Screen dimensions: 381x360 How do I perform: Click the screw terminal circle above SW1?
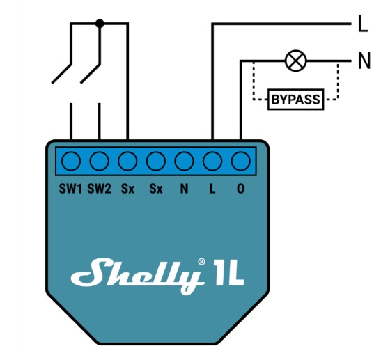click(71, 161)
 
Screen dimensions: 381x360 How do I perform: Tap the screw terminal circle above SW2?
click(99, 161)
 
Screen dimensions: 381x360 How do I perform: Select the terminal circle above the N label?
click(184, 161)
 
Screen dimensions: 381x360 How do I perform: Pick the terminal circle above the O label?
click(241, 161)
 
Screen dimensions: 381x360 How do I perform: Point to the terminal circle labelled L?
click(212, 161)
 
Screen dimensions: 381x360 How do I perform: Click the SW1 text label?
click(70, 189)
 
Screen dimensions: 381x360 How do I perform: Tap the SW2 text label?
click(99, 189)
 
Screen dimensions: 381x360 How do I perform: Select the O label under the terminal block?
click(241, 189)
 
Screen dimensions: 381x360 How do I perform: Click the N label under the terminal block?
click(184, 189)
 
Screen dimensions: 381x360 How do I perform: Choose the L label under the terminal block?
click(212, 189)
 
